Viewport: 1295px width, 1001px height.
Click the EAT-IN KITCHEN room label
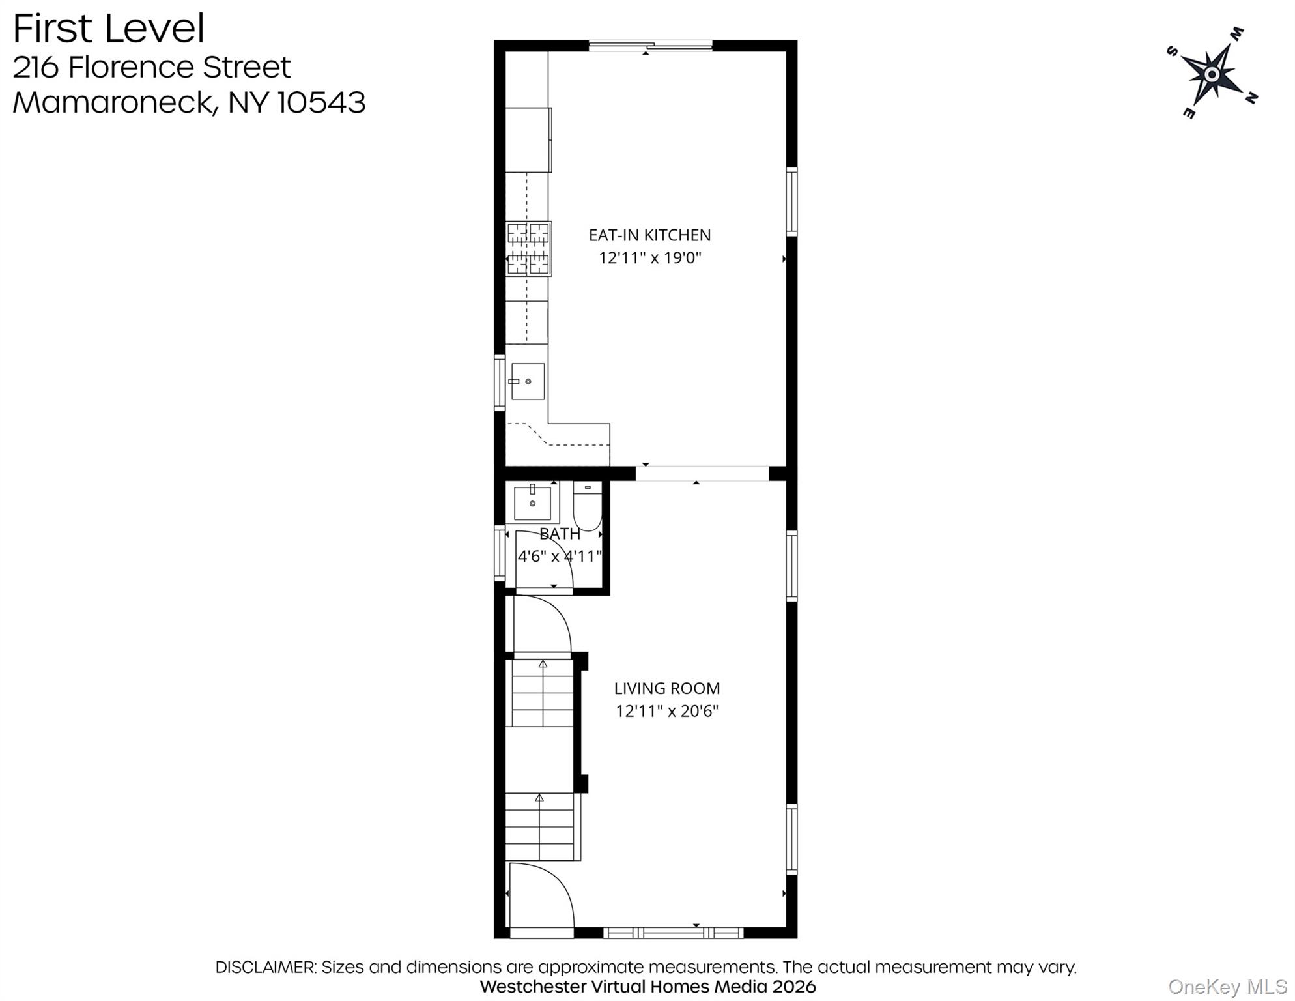pos(649,235)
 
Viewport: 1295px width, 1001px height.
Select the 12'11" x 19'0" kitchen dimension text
pos(649,258)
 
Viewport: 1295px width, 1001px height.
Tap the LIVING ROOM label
pos(666,688)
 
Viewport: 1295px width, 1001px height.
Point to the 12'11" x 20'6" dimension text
pos(666,711)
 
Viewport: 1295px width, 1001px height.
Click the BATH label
pos(560,534)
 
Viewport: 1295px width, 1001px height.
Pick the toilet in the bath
pos(588,507)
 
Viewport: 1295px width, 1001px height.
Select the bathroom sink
pos(532,502)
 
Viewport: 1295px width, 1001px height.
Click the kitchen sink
pos(527,381)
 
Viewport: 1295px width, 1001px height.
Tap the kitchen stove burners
pos(528,249)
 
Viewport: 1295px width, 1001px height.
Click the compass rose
pos(1211,74)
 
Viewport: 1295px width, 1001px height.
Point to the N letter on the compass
pos(1251,98)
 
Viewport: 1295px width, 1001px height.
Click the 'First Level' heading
pos(108,29)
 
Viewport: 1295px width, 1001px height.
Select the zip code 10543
pos(321,103)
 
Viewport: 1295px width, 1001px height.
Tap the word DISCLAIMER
pos(265,967)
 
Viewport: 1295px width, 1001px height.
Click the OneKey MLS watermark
pos(1227,987)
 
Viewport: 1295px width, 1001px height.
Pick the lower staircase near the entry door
pos(540,826)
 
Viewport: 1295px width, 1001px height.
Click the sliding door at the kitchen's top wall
pos(650,46)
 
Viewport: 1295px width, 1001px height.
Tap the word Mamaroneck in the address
pos(113,103)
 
